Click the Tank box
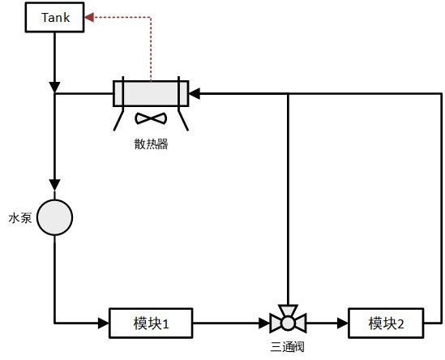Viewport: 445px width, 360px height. point(55,17)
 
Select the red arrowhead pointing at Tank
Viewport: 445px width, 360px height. point(89,17)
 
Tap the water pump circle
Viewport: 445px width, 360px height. point(55,217)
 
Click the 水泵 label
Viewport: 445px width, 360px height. point(20,218)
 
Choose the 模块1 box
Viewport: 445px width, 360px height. point(151,323)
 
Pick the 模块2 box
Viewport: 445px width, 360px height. point(386,323)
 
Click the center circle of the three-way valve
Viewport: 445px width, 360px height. point(288,323)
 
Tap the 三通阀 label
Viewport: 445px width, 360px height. point(287,347)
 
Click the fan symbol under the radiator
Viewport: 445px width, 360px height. point(151,118)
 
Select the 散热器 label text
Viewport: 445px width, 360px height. point(151,144)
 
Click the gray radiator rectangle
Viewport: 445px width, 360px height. point(151,94)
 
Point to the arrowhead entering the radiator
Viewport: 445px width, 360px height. point(195,93)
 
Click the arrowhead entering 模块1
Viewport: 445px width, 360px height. point(104,323)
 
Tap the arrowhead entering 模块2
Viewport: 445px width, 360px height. point(343,323)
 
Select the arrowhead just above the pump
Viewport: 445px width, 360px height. point(55,185)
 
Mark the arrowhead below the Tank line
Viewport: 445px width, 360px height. point(55,87)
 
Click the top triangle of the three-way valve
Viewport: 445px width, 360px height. point(288,310)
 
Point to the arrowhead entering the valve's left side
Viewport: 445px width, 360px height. point(264,323)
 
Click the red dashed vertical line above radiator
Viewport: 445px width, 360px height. point(151,49)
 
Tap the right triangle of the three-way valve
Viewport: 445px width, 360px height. point(301,323)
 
